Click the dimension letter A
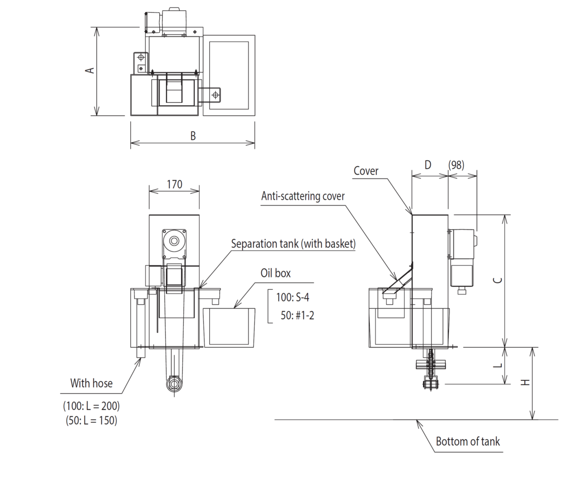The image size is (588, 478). [90, 70]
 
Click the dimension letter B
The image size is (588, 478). [193, 136]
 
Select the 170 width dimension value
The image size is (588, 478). [174, 184]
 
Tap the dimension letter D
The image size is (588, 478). [428, 165]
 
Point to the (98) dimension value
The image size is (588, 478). [456, 165]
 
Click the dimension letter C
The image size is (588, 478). [497, 280]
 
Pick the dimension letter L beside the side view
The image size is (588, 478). [497, 365]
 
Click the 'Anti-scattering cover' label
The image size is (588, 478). [303, 196]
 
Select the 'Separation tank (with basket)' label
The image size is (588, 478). [293, 244]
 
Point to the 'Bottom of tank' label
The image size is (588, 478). [468, 441]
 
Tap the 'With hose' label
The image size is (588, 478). [91, 383]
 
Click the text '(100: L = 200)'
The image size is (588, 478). [91, 406]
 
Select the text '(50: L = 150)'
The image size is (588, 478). [91, 420]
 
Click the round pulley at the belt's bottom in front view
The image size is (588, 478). [173, 383]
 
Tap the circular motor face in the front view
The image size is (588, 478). [174, 241]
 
